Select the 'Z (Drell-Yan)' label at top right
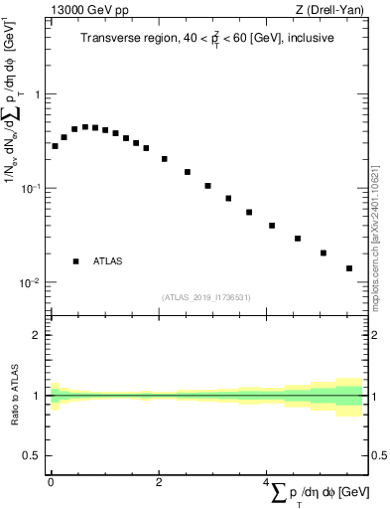[334, 10]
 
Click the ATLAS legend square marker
[76, 261]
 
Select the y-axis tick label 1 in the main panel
[37, 94]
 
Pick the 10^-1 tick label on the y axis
[32, 188]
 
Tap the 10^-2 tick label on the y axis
[32, 282]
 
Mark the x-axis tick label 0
[50, 481]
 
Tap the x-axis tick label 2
[159, 481]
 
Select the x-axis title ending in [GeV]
[318, 492]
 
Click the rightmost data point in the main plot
[349, 268]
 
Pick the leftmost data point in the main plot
[55, 146]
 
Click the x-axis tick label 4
[267, 481]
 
